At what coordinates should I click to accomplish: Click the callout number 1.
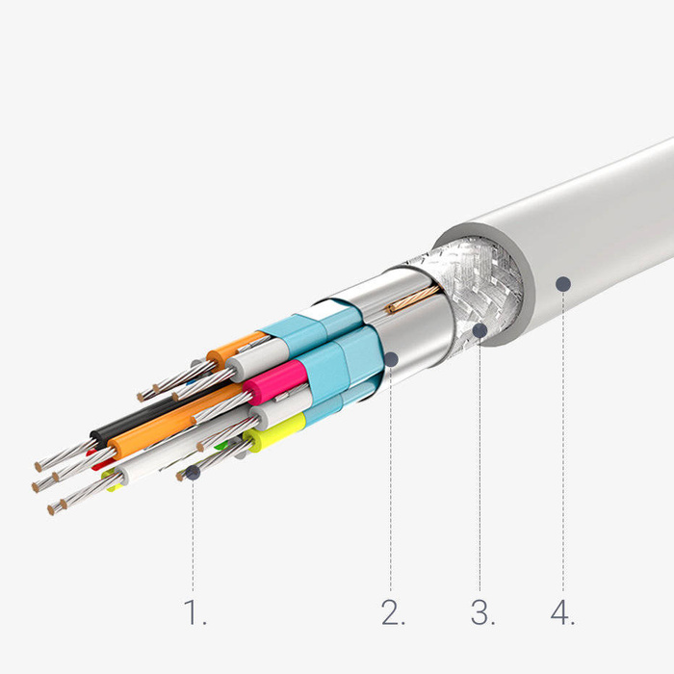(x=194, y=612)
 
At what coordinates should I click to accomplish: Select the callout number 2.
(x=393, y=612)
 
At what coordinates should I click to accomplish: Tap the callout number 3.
(x=482, y=612)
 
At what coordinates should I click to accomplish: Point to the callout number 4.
(x=561, y=612)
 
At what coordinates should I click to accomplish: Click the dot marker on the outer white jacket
(x=563, y=283)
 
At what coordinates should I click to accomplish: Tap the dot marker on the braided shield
(x=479, y=330)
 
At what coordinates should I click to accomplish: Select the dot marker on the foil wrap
(x=392, y=359)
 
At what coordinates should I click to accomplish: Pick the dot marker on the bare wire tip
(x=194, y=473)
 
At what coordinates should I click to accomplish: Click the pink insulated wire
(x=274, y=383)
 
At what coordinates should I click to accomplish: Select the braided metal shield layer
(x=462, y=279)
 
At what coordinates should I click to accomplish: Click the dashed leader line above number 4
(x=563, y=443)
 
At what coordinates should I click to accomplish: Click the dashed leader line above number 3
(x=480, y=462)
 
